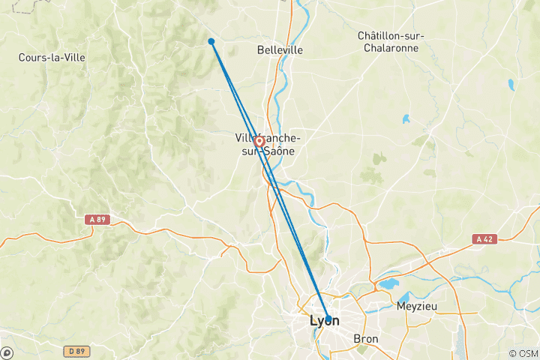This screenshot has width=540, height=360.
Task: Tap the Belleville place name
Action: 280,50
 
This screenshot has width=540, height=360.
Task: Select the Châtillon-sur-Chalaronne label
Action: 391,42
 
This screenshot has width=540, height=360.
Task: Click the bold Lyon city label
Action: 324,321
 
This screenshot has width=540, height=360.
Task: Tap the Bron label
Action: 367,339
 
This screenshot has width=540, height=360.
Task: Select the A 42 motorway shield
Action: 484,239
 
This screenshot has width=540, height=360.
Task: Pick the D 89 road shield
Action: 73,350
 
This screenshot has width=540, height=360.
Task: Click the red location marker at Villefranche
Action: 259,141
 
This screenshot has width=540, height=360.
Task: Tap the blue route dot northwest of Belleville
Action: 211,41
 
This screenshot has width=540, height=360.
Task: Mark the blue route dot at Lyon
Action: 327,318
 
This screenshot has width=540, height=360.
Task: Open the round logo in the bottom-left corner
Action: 6,352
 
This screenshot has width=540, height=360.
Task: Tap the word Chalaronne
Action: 391,48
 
